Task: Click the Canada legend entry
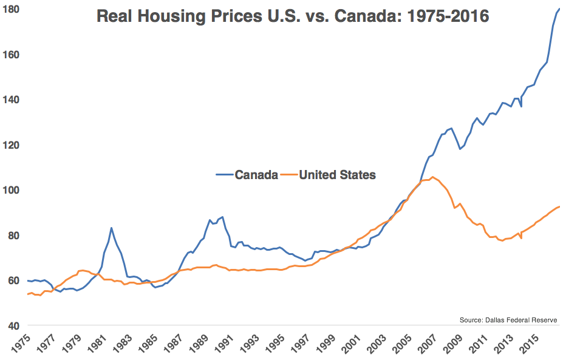(247, 175)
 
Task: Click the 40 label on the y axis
(14, 326)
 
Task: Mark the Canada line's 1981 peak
(111, 228)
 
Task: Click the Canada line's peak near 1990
(223, 217)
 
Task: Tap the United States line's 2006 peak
(432, 177)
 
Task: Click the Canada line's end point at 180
(559, 9)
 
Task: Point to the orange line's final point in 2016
(559, 206)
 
